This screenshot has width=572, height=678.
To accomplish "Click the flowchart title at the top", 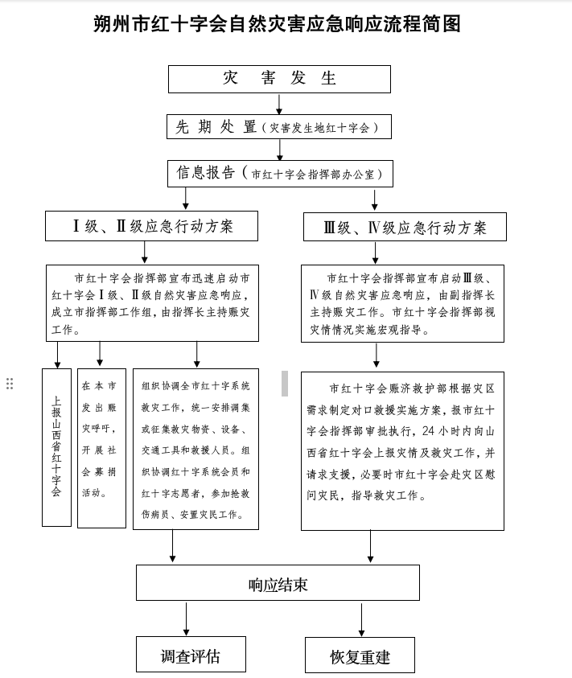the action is click(277, 24).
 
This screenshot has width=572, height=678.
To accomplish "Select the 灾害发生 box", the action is click(279, 79).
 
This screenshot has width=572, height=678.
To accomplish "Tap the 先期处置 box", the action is click(279, 127).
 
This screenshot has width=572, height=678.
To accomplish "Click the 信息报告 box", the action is click(281, 174).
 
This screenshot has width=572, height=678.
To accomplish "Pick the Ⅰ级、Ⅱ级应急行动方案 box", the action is click(151, 226).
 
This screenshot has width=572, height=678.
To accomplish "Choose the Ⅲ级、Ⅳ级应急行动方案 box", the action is click(405, 227).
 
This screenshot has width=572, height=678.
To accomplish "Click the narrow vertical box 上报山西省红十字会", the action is click(56, 447).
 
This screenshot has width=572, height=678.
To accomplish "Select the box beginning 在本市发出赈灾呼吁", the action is click(101, 449).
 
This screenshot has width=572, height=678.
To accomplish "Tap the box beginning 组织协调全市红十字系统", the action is click(195, 450).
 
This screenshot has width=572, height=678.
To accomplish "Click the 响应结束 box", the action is click(278, 582).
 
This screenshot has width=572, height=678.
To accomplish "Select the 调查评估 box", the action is click(191, 654).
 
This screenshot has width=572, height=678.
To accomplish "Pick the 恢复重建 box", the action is click(360, 655).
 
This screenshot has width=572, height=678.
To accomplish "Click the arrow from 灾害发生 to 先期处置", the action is click(279, 105).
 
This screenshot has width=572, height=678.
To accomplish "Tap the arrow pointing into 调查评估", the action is click(186, 618).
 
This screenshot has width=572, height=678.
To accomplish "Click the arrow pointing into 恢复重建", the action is click(361, 619).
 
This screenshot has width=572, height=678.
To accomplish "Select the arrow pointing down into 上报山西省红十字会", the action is click(58, 355).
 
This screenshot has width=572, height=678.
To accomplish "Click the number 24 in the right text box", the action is click(428, 431).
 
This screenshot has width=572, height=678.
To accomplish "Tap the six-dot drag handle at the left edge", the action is click(10, 384).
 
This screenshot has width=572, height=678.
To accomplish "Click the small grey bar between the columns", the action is click(285, 383).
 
